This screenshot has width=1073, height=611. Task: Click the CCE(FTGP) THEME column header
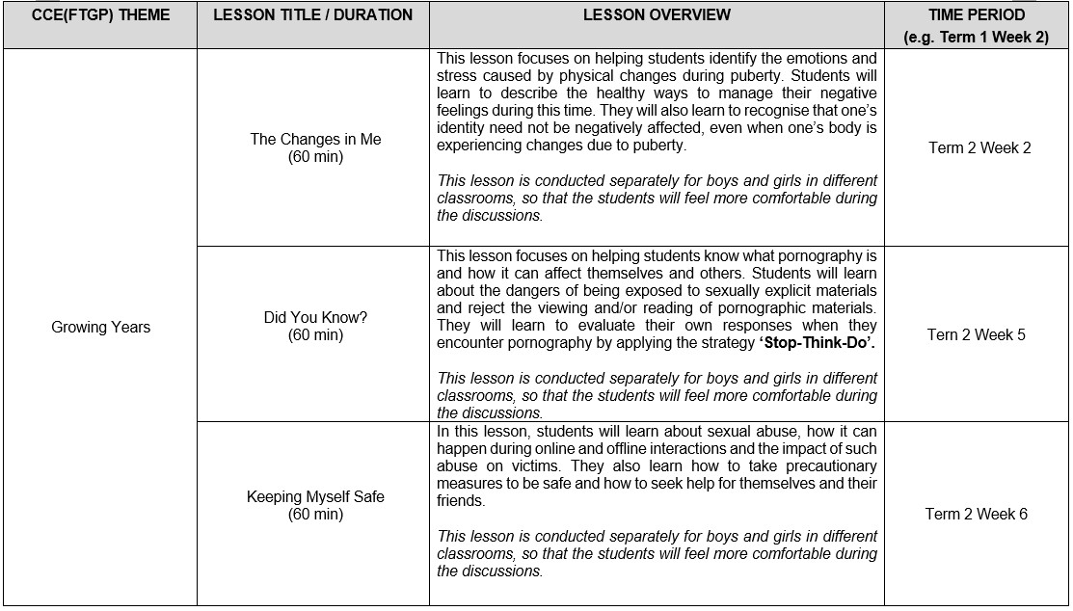(100, 14)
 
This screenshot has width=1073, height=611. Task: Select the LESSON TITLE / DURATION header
(312, 14)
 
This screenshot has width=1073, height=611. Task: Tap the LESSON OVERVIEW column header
(657, 14)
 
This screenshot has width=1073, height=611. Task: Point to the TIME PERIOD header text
(977, 14)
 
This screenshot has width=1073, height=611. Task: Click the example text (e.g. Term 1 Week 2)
(977, 38)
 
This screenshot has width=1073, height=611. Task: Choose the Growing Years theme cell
(100, 327)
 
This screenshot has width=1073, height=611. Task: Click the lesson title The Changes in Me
(315, 139)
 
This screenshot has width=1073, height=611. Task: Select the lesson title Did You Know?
(315, 317)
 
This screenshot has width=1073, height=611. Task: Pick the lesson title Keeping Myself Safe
(315, 496)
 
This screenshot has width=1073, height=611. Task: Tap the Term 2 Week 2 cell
(979, 147)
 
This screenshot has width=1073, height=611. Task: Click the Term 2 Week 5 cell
(977, 334)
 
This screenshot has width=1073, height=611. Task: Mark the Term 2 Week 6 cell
(977, 514)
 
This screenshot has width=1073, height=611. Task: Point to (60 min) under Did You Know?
(315, 335)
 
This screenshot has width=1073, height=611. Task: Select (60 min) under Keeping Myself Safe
(315, 515)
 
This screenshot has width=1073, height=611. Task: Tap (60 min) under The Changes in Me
(315, 157)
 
